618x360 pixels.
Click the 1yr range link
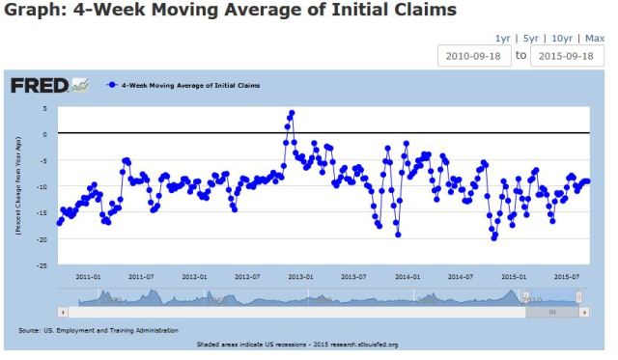502,39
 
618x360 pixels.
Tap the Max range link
595,39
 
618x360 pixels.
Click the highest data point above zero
292,113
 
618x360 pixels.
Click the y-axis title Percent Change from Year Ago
18,183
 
